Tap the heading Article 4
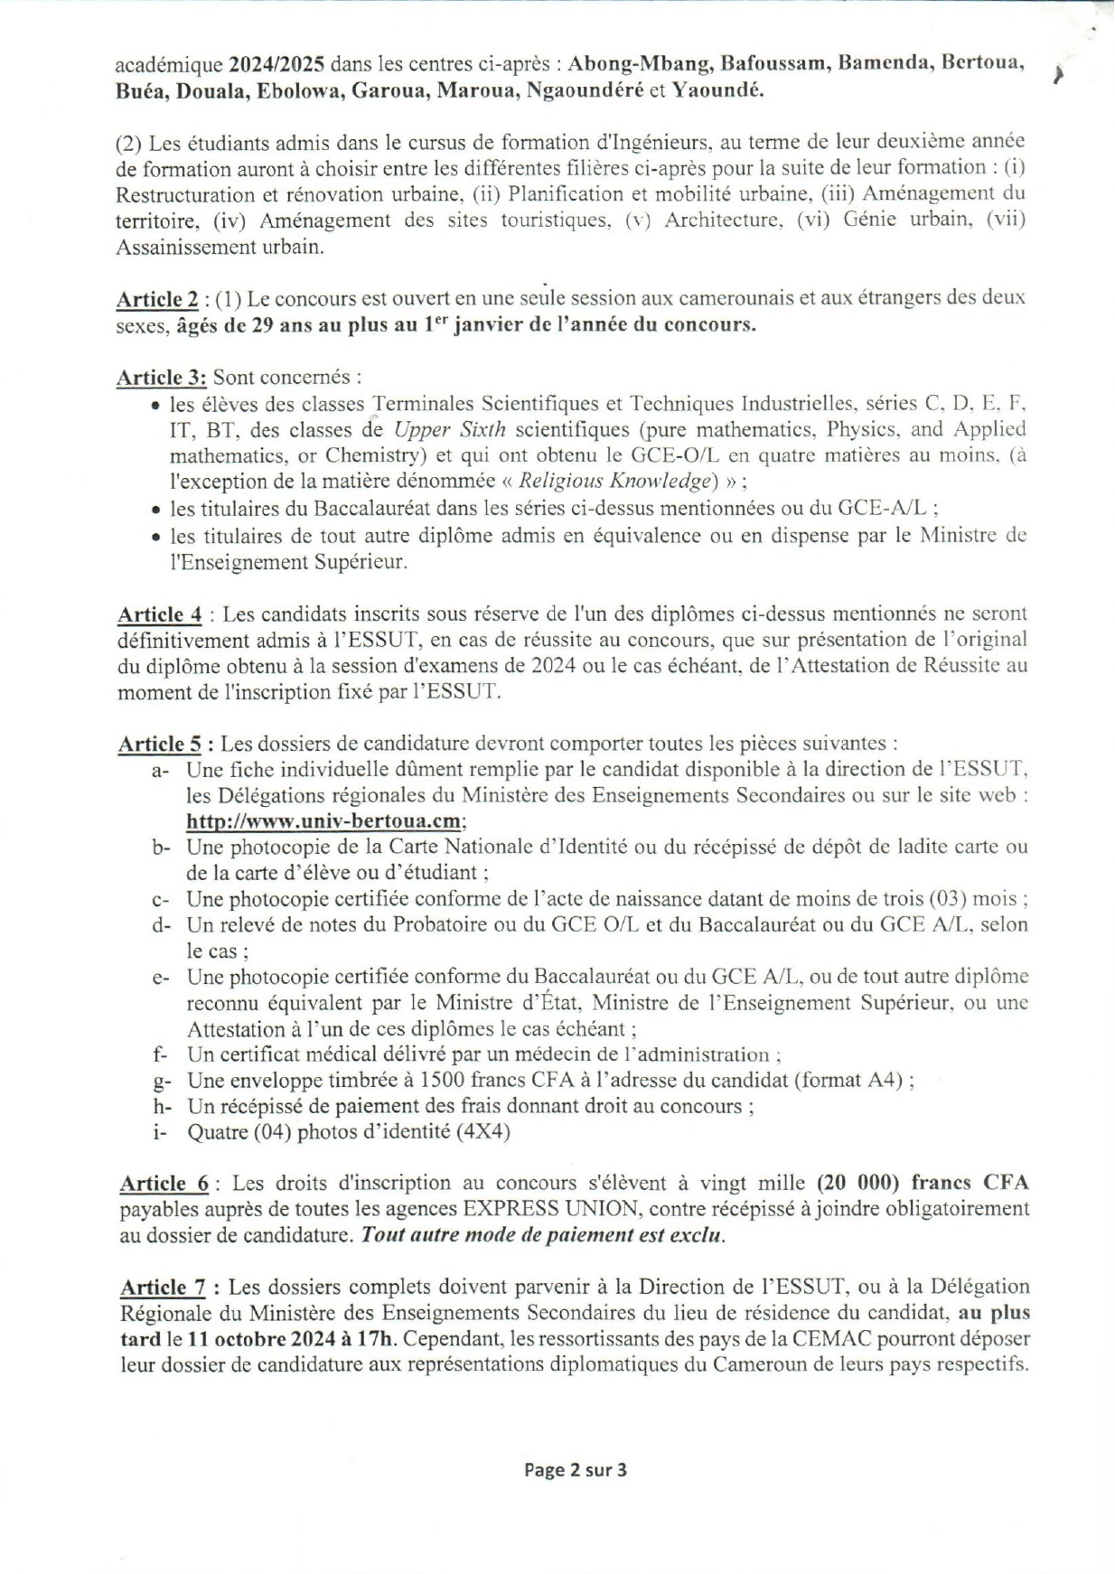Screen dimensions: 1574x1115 tap(160, 615)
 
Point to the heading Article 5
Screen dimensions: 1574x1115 tap(160, 745)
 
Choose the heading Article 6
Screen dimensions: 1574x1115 tap(164, 1184)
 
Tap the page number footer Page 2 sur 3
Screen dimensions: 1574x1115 tap(576, 1470)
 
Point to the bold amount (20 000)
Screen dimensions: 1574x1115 tap(859, 1184)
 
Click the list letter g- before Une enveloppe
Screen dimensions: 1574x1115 tap(162, 1081)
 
